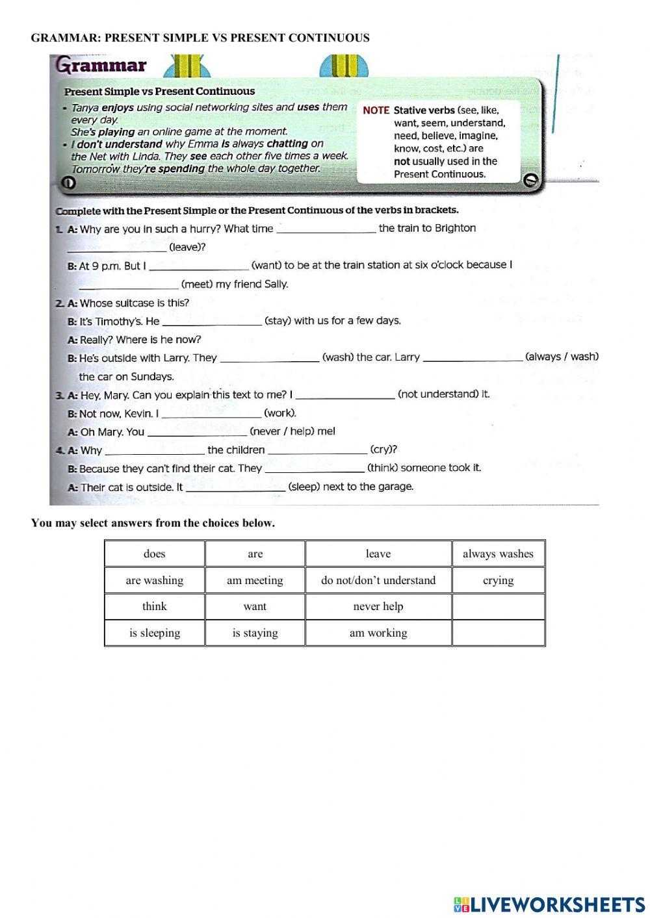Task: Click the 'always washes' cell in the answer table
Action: (498, 554)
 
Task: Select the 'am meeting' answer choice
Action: (255, 580)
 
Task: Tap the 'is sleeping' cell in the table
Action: (155, 633)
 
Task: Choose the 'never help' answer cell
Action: (378, 606)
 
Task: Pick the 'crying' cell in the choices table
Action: (498, 580)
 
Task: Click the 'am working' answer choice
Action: (378, 633)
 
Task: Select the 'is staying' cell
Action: (255, 633)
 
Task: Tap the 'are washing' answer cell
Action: (155, 580)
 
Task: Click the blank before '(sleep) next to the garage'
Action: (235, 487)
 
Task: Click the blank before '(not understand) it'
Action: (344, 394)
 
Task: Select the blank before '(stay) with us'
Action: (212, 321)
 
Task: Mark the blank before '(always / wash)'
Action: (473, 357)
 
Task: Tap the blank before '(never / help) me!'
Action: (197, 432)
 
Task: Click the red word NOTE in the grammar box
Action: (376, 110)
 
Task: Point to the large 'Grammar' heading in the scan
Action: (101, 66)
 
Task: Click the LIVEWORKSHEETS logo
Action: (549, 904)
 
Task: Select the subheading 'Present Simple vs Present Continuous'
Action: (159, 92)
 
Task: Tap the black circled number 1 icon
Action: (67, 184)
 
